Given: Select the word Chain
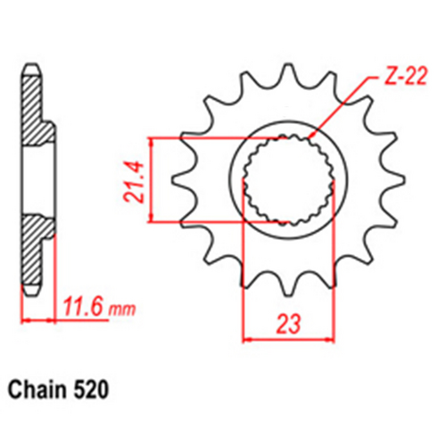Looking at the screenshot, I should point(39,390).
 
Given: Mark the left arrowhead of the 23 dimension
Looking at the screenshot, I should point(248,338).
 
